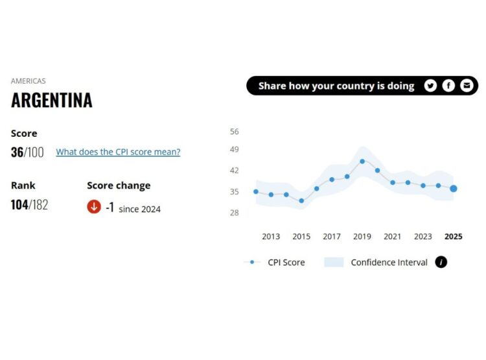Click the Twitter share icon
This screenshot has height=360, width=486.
430,86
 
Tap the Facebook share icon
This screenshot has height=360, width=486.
448,86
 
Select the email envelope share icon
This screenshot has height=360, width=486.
467,86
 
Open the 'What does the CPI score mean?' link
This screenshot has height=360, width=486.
118,152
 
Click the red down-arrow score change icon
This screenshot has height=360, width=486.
94,207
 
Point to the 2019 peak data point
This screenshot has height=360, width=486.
362,161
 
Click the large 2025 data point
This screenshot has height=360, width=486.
454,189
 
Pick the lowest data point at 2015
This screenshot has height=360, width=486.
301,200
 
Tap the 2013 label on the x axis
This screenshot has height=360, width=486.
271,237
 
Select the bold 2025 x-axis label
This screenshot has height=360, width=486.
454,237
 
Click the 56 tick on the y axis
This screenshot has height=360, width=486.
235,132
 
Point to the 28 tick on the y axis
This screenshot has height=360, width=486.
235,213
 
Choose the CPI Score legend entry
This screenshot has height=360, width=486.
286,262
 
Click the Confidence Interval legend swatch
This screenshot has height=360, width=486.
334,262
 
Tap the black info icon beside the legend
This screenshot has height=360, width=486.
441,262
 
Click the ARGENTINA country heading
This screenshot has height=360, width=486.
52,101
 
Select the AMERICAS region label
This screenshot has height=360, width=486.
29,81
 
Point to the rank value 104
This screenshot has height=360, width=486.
19,205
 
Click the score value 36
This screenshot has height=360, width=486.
17,152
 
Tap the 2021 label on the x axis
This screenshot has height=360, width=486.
393,237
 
